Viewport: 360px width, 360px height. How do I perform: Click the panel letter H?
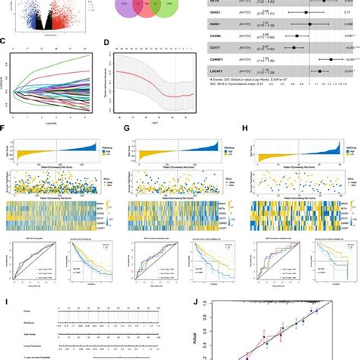(x=244, y=129)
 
